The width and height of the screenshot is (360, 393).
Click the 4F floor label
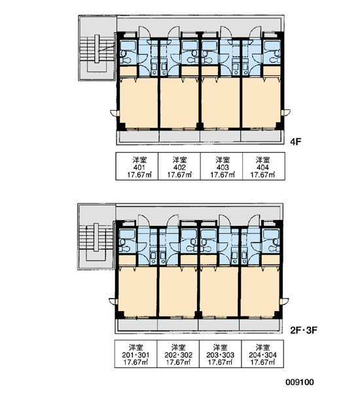pos(296,142)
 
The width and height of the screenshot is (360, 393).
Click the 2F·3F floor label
pos(304,330)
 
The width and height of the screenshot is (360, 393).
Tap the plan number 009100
pos(300,383)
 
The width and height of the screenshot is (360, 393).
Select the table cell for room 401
pos(137,166)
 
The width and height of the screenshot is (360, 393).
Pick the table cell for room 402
pos(179,166)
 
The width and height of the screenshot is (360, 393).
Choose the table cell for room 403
pos(221,166)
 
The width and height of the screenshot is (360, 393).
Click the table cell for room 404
pos(264,166)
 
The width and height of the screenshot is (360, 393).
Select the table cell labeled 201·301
pos(135,354)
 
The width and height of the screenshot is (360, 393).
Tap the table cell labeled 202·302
pos(178,354)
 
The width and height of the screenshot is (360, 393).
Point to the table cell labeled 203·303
pos(221,354)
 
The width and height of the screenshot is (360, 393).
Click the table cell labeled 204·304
pos(262,354)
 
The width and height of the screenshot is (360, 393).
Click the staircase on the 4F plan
pos(97,54)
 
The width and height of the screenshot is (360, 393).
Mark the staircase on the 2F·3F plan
pos(96,242)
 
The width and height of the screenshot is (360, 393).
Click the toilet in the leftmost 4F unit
pos(126,60)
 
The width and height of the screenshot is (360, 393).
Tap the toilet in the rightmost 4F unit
pos(274,60)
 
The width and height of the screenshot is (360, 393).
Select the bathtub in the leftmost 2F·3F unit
pos(127,234)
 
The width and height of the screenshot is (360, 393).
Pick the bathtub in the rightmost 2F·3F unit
pos(271,234)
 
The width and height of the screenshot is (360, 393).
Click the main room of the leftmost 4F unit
pos(138,103)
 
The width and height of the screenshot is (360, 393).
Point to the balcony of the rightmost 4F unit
pos(261,136)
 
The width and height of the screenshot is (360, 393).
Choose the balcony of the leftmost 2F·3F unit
pos(137,325)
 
